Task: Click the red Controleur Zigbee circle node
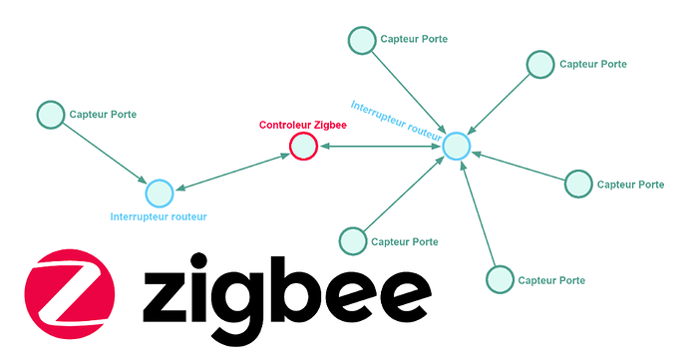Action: (303, 148)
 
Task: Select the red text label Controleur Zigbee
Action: (304, 126)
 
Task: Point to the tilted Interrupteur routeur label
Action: (397, 119)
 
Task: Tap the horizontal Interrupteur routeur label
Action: (160, 215)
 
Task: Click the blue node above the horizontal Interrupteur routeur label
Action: (159, 192)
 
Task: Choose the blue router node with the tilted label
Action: (456, 146)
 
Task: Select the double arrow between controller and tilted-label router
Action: (380, 148)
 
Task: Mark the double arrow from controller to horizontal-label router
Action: (231, 171)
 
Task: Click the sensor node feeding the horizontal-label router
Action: (50, 115)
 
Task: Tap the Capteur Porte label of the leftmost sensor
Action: (103, 115)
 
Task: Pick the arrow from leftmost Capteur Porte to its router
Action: (104, 153)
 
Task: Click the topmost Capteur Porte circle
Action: (361, 40)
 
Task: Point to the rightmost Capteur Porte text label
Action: (630, 184)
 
